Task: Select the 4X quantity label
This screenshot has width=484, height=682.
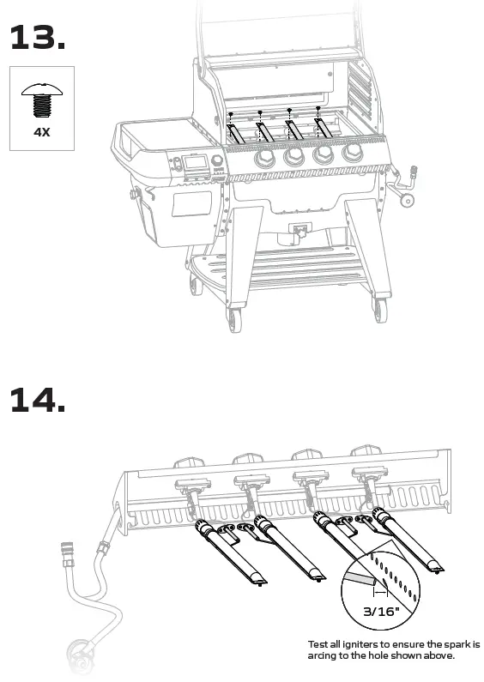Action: tap(41, 133)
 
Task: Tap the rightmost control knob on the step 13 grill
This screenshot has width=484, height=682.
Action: tap(351, 153)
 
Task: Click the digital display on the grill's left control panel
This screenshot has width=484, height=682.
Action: tap(197, 162)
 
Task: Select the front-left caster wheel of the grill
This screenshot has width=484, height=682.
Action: tap(234, 323)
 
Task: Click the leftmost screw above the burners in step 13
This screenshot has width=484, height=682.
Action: tap(231, 114)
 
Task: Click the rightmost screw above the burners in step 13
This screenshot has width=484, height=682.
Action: tap(318, 109)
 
